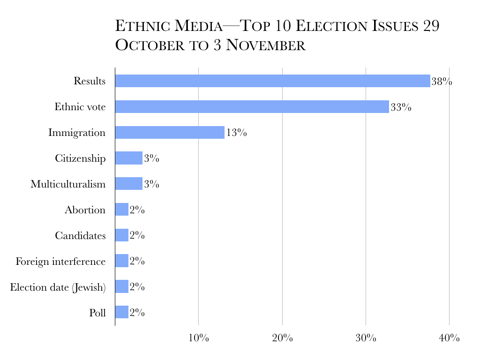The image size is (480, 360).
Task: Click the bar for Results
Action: pyautogui.click(x=272, y=81)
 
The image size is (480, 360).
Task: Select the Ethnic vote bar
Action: pyautogui.click(x=252, y=107)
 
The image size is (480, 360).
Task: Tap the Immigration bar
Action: pyautogui.click(x=170, y=133)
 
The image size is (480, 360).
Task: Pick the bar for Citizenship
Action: pyautogui.click(x=128, y=158)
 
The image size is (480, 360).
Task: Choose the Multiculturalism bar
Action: pyautogui.click(x=128, y=184)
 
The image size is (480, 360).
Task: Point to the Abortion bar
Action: pyautogui.click(x=121, y=210)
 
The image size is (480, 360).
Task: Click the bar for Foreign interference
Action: pyautogui.click(x=121, y=261)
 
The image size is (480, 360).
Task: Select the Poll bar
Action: pyautogui.click(x=121, y=312)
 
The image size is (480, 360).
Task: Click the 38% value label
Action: pyautogui.click(x=442, y=82)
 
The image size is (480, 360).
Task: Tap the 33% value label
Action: pyautogui.click(x=401, y=107)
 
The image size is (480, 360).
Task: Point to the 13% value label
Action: pyautogui.click(x=236, y=133)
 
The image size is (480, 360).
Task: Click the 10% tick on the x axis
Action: pyautogui.click(x=199, y=338)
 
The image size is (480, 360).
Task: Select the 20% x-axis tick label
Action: pyautogui.click(x=282, y=338)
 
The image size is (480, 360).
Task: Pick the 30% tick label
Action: pyautogui.click(x=366, y=338)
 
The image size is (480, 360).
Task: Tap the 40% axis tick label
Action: pyautogui.click(x=450, y=338)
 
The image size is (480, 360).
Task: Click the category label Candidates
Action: pyautogui.click(x=80, y=235)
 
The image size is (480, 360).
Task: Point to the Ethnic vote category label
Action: pyautogui.click(x=80, y=107)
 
